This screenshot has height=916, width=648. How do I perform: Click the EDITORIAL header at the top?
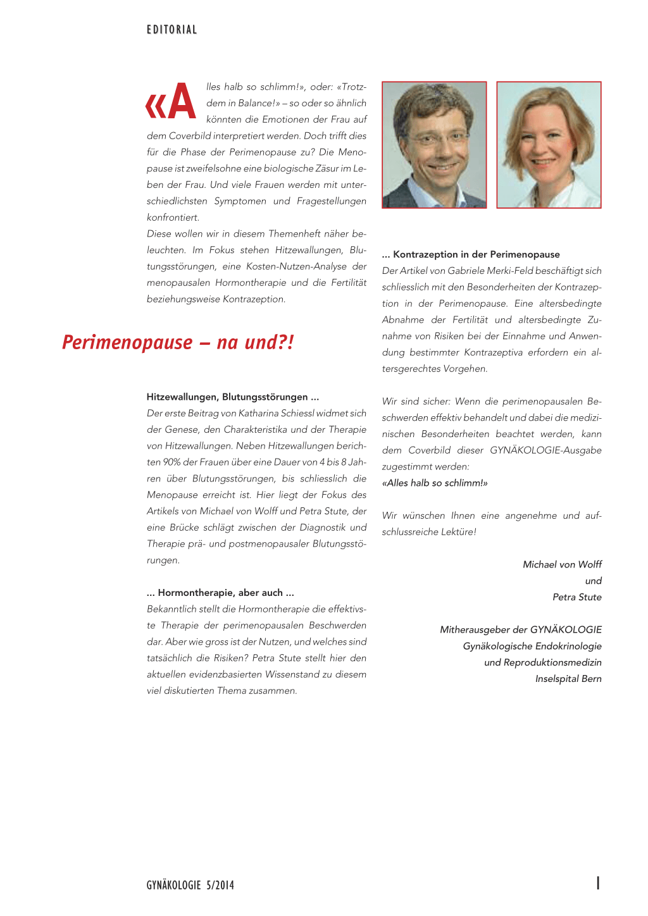point(171,30)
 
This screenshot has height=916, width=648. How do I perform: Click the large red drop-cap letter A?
point(182,102)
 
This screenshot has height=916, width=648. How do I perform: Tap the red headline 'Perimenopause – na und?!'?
point(178,342)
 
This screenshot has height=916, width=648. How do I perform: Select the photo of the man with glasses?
point(434,145)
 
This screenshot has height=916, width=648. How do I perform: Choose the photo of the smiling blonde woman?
point(549,145)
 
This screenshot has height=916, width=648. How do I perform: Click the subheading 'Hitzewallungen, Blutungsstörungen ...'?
point(233,397)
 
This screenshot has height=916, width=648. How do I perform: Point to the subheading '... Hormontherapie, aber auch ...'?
point(220,593)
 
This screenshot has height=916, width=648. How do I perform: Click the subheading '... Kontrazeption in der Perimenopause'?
point(471,254)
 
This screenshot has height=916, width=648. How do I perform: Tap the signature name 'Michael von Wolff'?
point(562,564)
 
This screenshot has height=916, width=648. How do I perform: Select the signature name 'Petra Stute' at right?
point(576,597)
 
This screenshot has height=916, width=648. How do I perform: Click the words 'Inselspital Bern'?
point(568,679)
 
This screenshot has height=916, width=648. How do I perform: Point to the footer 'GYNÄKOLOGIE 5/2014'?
point(190,885)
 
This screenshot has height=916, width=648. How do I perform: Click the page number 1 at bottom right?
point(598,883)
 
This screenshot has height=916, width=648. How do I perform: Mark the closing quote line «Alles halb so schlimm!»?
point(435,483)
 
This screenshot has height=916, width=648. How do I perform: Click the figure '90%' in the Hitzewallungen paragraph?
point(171,462)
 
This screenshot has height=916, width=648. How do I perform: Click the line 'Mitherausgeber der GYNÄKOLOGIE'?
point(521,629)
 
